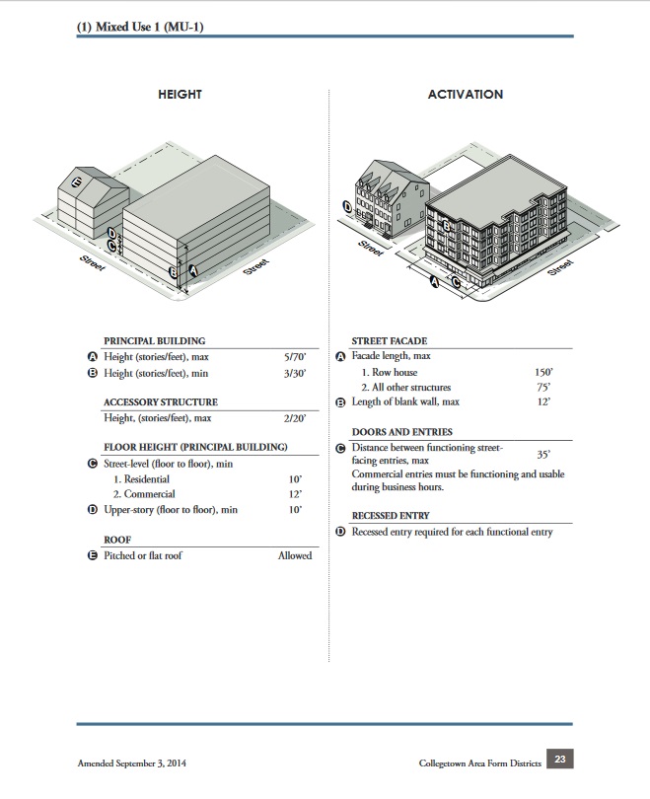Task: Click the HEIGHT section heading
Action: [180, 95]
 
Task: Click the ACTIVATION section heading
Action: [465, 95]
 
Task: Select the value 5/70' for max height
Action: [295, 356]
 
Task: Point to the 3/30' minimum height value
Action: [295, 374]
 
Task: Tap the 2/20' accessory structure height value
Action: [295, 419]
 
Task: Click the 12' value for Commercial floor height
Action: [295, 494]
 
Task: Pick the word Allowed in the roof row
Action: [294, 555]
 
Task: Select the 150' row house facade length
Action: [542, 373]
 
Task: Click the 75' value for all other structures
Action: [543, 388]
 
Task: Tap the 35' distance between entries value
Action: [543, 455]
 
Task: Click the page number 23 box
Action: [558, 760]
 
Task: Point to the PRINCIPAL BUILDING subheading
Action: [154, 340]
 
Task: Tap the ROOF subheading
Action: [118, 540]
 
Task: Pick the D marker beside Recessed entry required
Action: [341, 532]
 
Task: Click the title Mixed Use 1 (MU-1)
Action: [147, 27]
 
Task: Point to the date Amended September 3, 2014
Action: [132, 764]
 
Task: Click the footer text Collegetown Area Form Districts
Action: [478, 764]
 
